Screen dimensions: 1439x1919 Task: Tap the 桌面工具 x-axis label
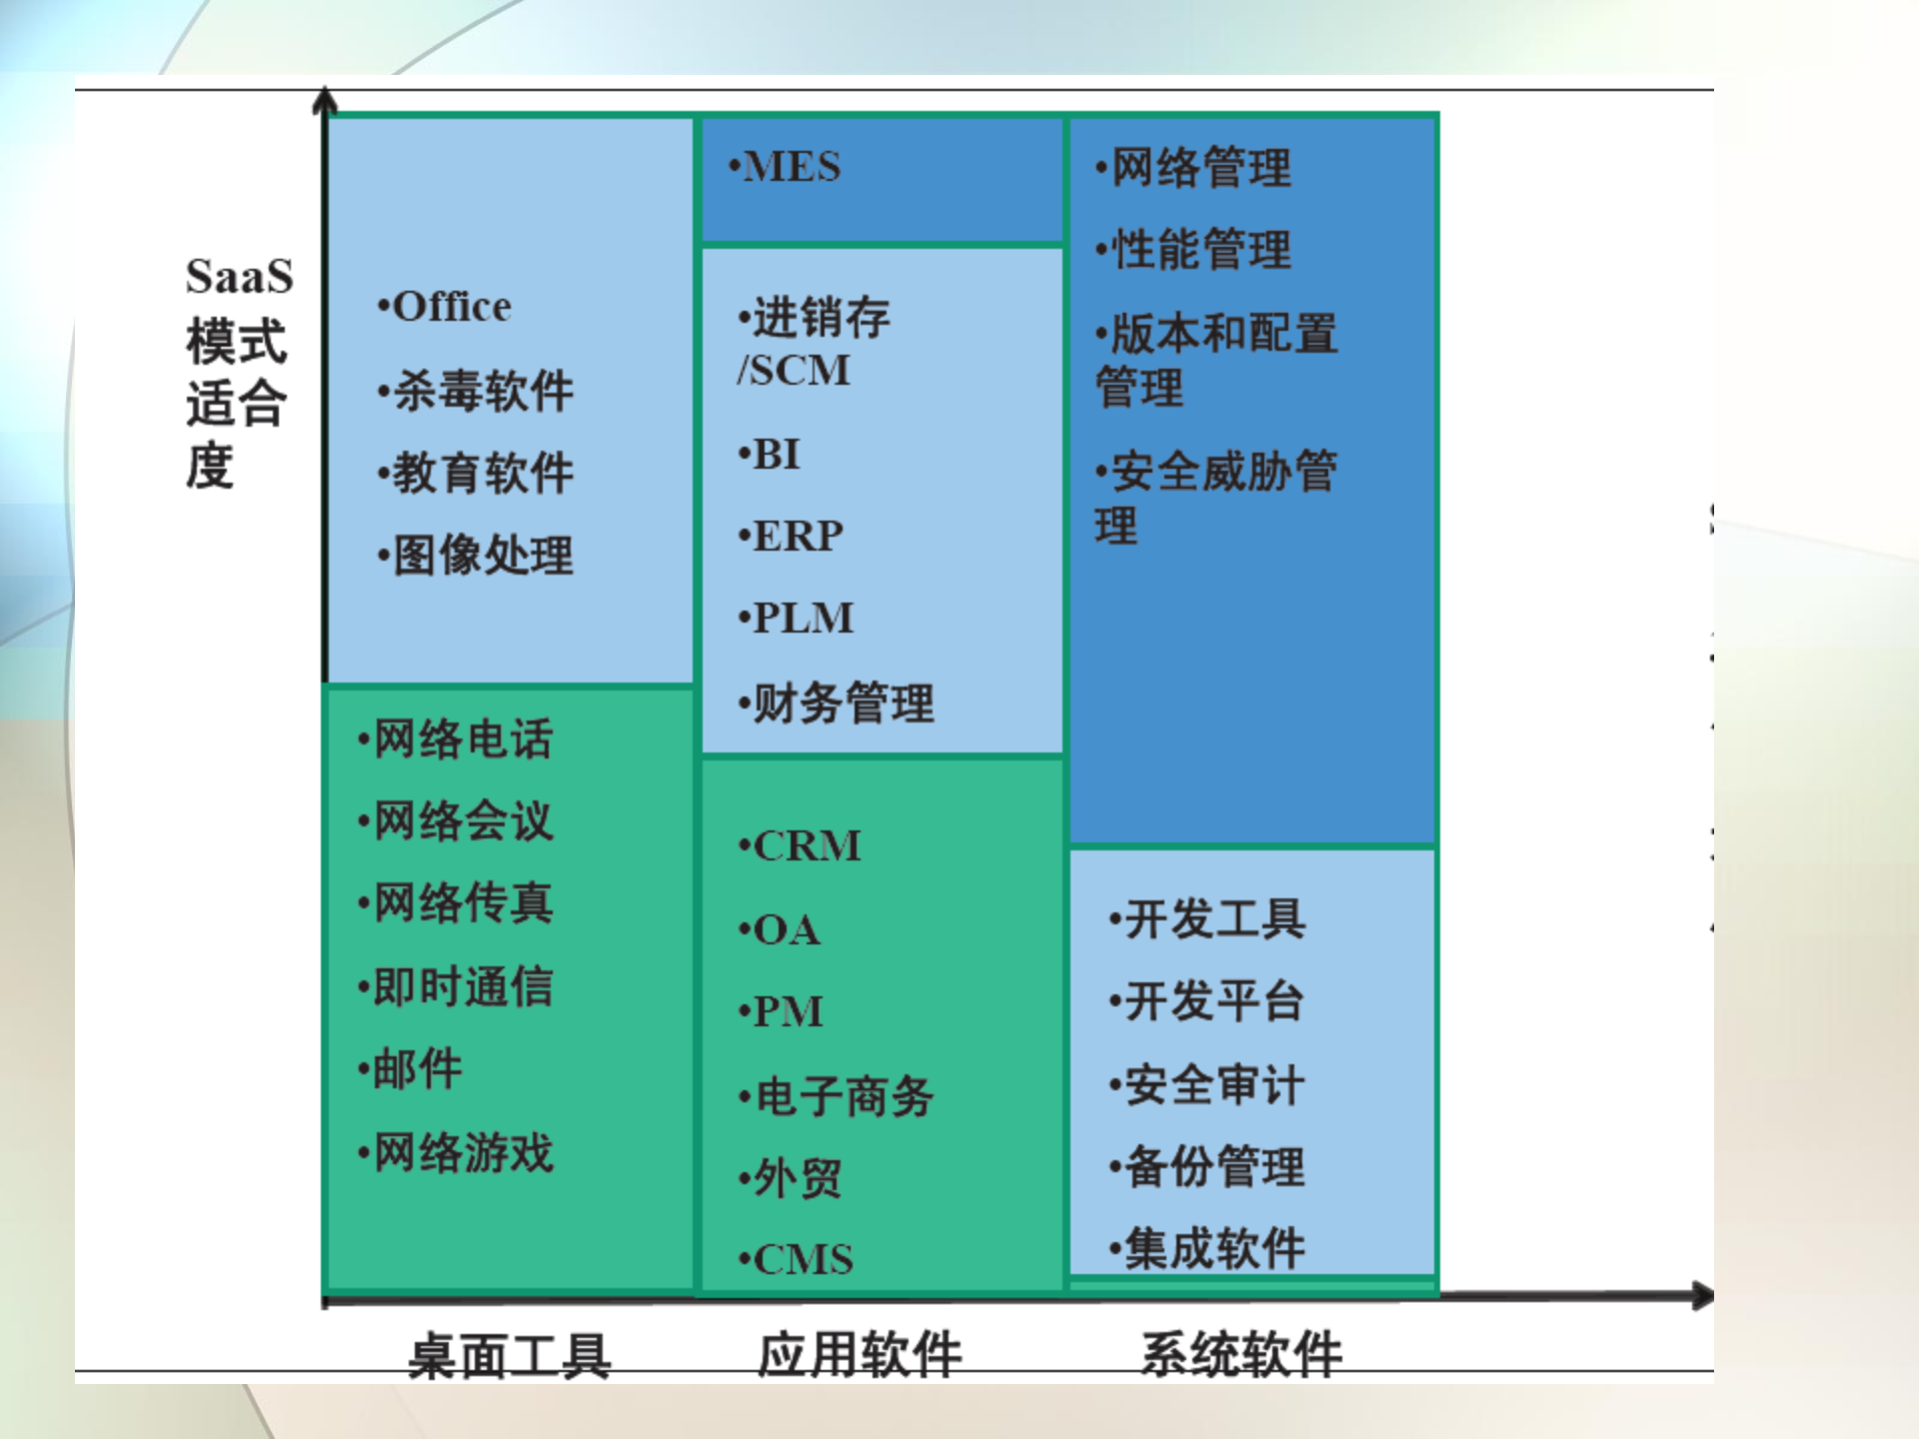tap(510, 1356)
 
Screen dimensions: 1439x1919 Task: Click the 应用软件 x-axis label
tap(860, 1355)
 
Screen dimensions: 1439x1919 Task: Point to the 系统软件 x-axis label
tap(1241, 1355)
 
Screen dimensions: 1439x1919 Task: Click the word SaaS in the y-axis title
tap(239, 277)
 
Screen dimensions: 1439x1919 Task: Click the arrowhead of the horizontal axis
tap(1702, 1296)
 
